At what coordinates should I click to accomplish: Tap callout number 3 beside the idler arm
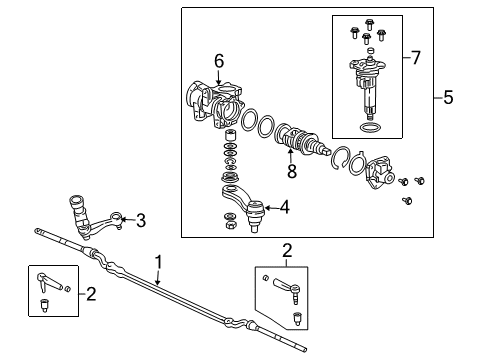click(141, 220)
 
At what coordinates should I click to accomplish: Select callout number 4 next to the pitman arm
click(285, 207)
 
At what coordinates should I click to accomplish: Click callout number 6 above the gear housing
click(218, 60)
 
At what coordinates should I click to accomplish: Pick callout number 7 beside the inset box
click(418, 59)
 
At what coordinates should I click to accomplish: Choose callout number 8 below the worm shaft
click(292, 170)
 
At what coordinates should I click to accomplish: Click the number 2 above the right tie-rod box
click(287, 249)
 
